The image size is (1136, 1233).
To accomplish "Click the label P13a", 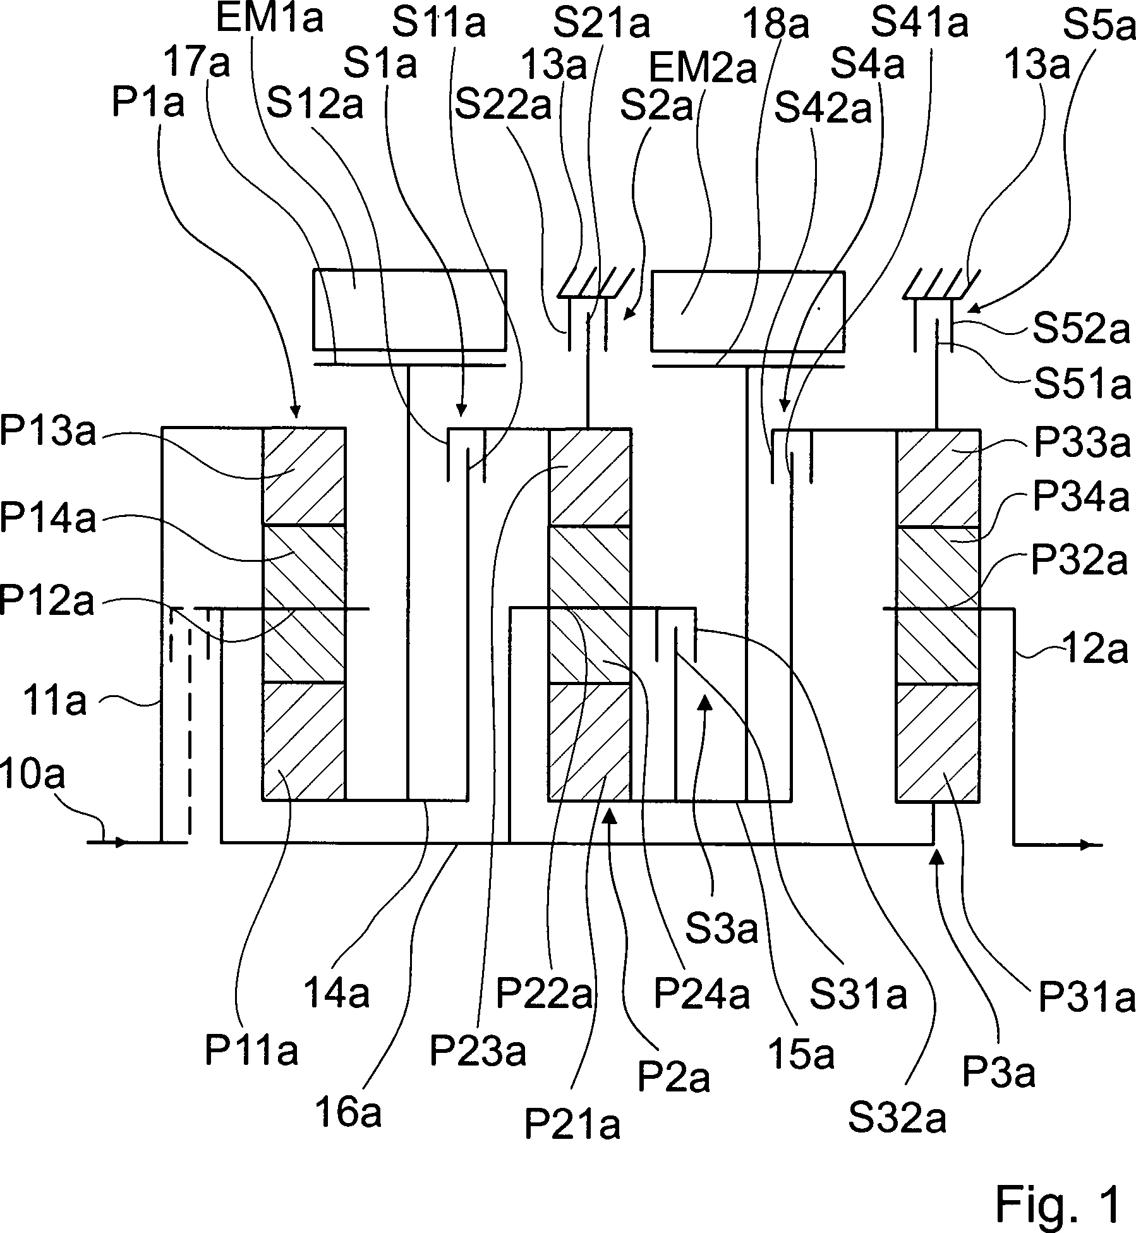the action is point(48,432).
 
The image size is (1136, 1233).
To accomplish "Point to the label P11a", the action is point(251,1051).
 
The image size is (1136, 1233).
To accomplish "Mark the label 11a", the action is point(54,702).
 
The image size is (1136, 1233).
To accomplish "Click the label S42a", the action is point(823,109).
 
